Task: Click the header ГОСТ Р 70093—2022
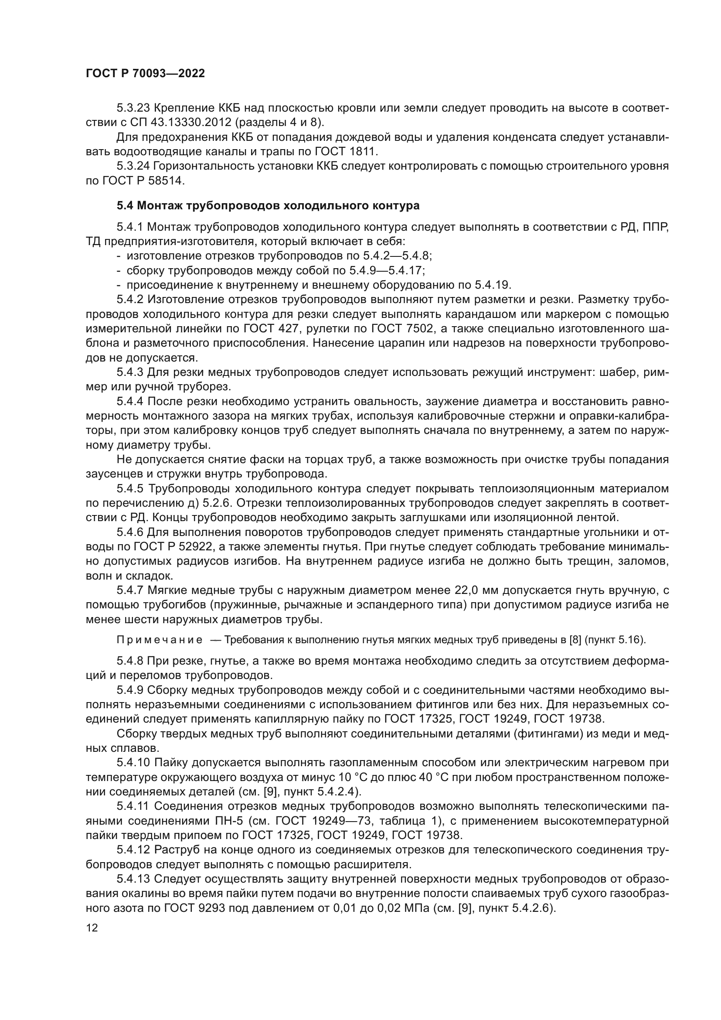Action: click(145, 74)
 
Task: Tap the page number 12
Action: click(92, 928)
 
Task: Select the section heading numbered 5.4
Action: click(268, 206)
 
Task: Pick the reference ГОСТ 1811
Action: click(346, 151)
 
